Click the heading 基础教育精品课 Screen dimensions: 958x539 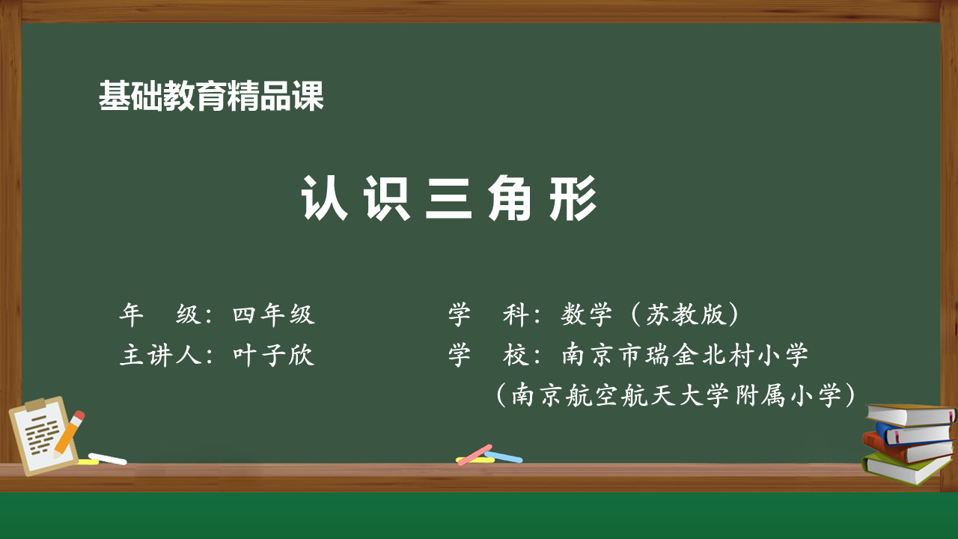211,97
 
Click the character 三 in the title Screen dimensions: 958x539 448,198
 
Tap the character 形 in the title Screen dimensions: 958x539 573,198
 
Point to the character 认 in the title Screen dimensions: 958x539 324,198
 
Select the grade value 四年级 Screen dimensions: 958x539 274,314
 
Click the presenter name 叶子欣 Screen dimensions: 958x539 274,355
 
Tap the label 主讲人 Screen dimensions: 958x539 160,355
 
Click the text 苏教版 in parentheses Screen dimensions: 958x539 686,314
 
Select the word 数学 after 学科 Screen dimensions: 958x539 586,314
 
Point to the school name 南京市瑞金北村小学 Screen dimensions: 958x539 685,355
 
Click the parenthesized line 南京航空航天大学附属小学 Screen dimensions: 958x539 676,395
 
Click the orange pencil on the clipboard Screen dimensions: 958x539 69,435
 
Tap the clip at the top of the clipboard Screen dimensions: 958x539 35,404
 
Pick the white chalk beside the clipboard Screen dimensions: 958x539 107,459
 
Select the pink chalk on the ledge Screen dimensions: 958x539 475,455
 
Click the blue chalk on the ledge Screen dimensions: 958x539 504,457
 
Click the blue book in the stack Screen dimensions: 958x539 915,433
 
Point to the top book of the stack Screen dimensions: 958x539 910,414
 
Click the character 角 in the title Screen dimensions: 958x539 511,198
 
